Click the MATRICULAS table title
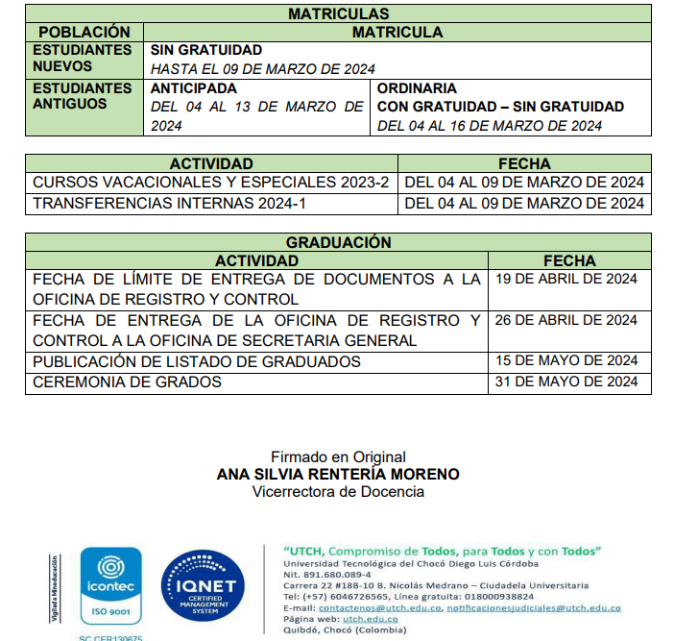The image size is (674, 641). [x=338, y=14]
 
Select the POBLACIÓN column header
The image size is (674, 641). [x=84, y=32]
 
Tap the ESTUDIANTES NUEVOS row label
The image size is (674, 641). [x=83, y=59]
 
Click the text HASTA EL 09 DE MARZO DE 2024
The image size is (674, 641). [x=262, y=68]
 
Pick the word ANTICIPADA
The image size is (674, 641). [x=193, y=87]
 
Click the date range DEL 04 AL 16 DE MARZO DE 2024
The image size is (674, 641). [x=490, y=125]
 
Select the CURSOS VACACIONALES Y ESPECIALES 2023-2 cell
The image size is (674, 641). [x=210, y=183]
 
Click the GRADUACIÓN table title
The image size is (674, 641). [x=338, y=242]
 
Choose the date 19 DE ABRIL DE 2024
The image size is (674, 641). [x=566, y=279]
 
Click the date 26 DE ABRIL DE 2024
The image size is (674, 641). [x=566, y=320]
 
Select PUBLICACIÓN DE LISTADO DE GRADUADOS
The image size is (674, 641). [x=197, y=361]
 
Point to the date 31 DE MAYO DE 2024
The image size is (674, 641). [x=566, y=382]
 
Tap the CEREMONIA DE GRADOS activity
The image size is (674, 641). [x=127, y=382]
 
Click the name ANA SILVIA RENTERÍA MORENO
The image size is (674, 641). [x=338, y=474]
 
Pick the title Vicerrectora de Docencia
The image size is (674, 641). [x=338, y=491]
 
